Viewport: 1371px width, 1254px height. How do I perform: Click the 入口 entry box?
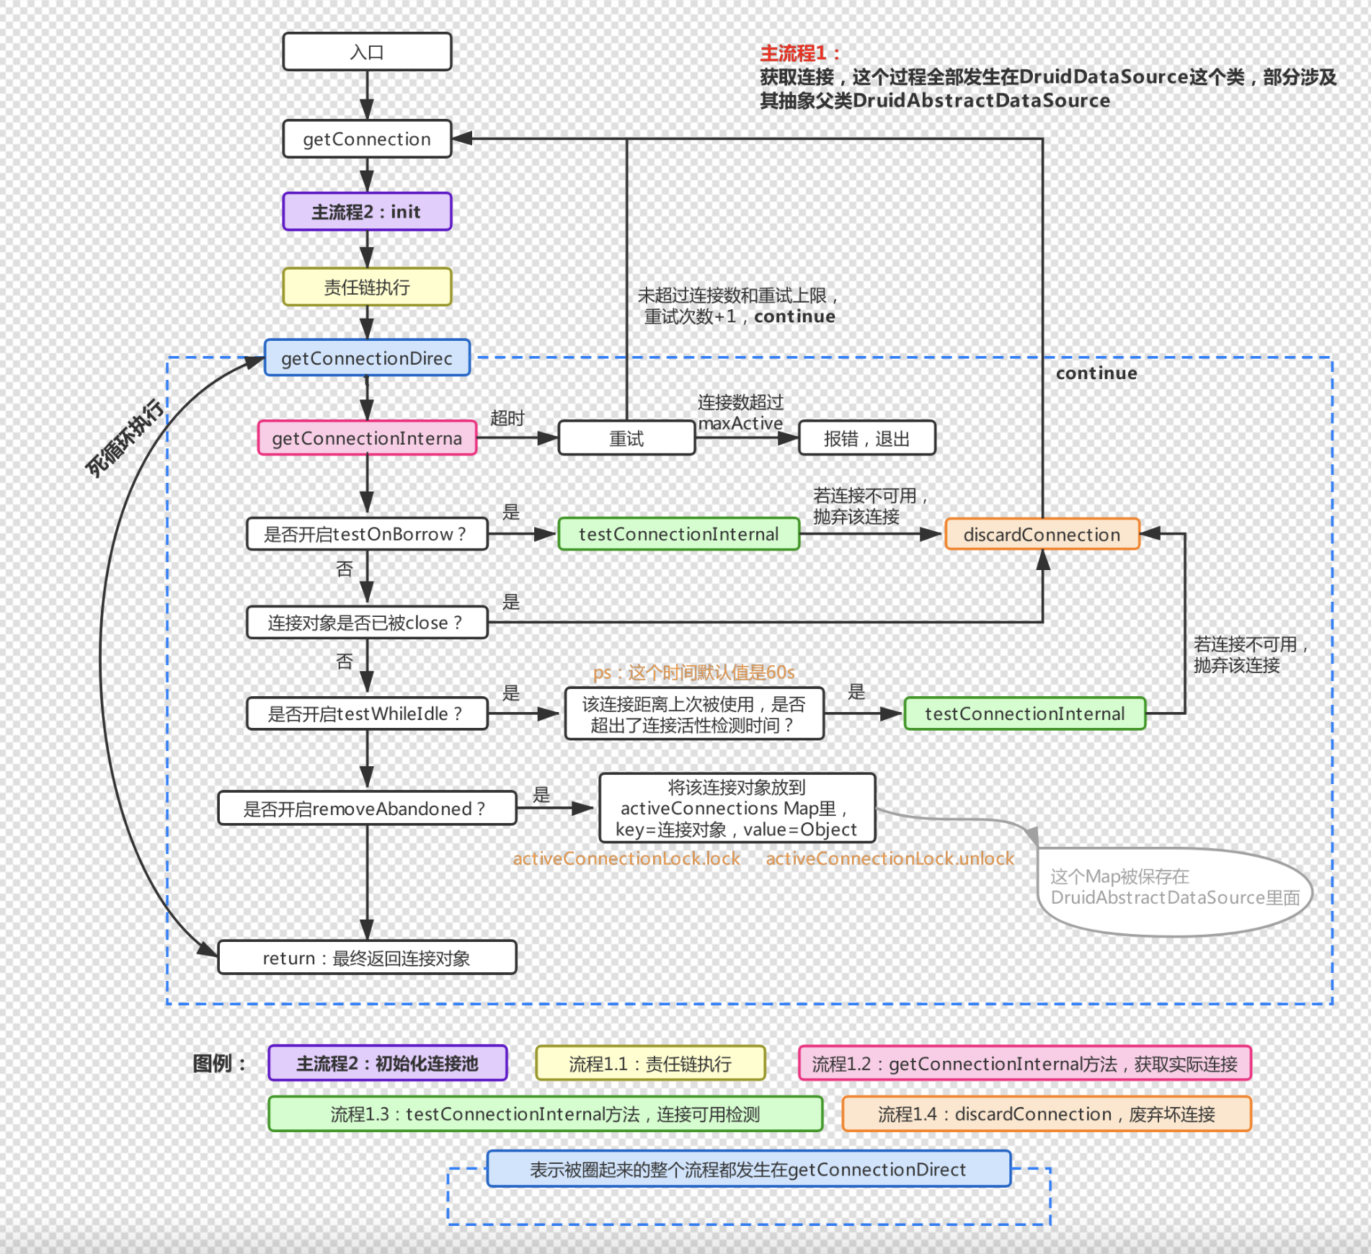(x=367, y=52)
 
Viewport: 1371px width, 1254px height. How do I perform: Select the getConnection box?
(x=367, y=139)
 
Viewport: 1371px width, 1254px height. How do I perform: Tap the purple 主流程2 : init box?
(x=367, y=212)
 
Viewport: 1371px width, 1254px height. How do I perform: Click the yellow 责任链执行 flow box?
(x=367, y=288)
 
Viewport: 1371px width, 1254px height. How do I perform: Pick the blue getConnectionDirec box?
(x=367, y=358)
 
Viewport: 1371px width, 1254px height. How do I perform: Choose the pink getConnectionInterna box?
(x=367, y=438)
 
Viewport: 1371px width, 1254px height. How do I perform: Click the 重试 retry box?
(x=626, y=438)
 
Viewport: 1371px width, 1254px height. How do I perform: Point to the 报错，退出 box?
(x=866, y=438)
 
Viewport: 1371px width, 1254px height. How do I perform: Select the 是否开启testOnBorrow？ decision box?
(x=367, y=534)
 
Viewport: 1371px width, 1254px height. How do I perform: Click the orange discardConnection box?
(x=1042, y=534)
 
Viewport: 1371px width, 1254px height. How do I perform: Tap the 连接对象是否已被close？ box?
(x=367, y=623)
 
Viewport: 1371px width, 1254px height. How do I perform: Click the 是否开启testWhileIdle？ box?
(x=367, y=713)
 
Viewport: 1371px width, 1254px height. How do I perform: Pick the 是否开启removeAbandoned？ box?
(x=367, y=809)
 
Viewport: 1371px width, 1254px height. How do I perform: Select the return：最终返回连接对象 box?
(x=367, y=958)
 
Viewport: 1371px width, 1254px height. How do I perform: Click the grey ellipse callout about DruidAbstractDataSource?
(x=1174, y=891)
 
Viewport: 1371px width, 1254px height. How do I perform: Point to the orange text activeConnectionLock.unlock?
(x=889, y=858)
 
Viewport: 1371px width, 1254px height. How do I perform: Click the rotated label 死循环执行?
(x=124, y=437)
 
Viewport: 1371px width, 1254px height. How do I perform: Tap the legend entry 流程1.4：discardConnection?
(x=1046, y=1114)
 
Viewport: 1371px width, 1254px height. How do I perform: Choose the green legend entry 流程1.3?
(x=545, y=1114)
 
